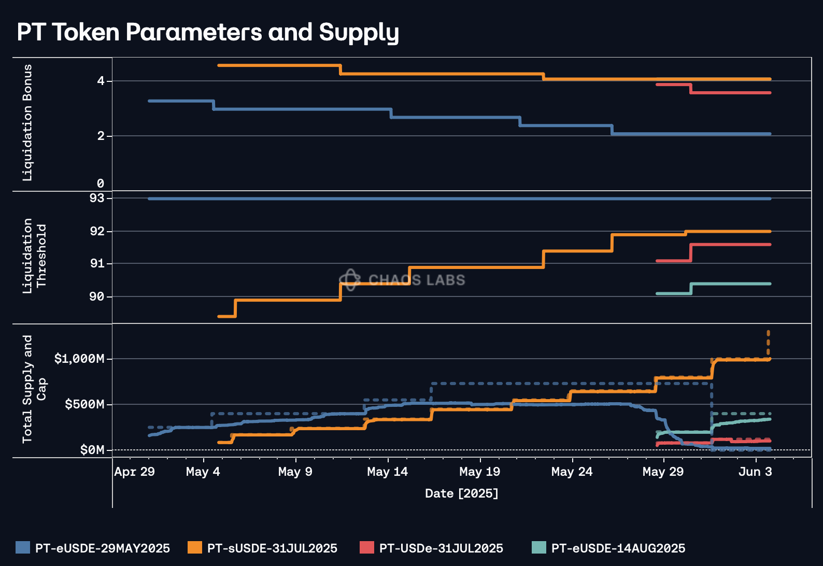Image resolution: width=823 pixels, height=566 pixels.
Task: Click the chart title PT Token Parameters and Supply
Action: tap(208, 32)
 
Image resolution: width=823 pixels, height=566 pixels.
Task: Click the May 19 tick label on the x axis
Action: tap(479, 472)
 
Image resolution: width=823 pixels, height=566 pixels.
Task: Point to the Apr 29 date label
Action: tap(134, 472)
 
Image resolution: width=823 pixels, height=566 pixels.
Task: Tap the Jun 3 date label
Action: tap(755, 472)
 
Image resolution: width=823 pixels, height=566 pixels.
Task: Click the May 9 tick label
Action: tap(295, 472)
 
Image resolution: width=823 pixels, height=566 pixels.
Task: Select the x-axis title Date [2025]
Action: tap(461, 493)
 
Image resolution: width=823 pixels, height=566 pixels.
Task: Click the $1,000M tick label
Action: tap(79, 359)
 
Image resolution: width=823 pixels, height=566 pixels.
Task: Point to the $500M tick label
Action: tap(84, 404)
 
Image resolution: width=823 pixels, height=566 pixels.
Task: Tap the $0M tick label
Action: tap(92, 450)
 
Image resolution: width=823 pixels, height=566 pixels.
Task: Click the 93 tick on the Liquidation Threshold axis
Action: tap(97, 199)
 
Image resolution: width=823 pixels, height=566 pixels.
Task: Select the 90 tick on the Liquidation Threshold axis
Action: tap(97, 296)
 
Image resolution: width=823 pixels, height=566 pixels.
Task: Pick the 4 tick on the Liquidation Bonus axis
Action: tap(101, 81)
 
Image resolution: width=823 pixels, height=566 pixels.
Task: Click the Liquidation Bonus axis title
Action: tap(27, 123)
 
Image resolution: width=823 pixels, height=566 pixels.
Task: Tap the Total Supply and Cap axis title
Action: tap(34, 389)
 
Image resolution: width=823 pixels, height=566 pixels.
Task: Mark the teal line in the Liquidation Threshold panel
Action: tap(731, 284)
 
